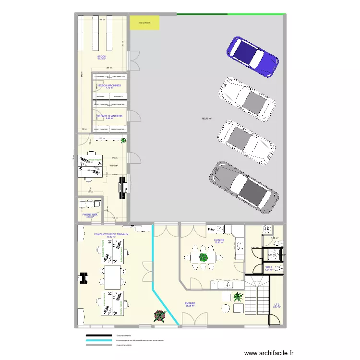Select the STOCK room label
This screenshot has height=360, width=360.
[102, 57]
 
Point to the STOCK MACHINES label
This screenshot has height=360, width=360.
[109, 85]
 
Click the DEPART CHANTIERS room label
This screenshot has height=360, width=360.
[109, 116]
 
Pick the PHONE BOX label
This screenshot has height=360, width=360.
[90, 215]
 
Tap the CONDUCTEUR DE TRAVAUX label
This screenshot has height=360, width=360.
[111, 234]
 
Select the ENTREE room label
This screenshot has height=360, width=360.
[190, 303]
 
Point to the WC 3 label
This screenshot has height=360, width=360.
[268, 267]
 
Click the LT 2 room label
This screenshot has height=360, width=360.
[276, 304]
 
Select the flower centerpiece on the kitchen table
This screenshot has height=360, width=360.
[204, 257]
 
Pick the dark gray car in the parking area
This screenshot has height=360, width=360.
[243, 187]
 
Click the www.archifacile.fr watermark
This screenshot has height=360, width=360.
[269, 353]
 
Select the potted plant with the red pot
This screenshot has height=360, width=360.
[158, 315]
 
